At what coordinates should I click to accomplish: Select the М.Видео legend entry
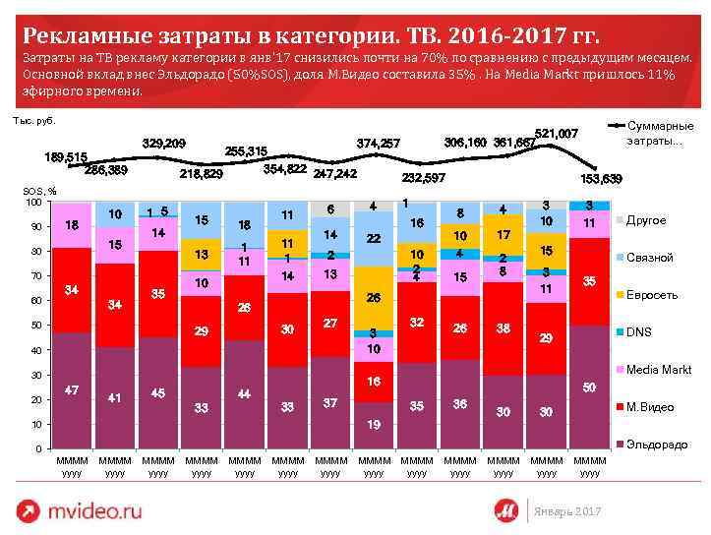click(649, 406)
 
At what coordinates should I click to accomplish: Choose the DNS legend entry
click(640, 331)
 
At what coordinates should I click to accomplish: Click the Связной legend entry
click(649, 257)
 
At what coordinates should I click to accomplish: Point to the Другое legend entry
click(646, 220)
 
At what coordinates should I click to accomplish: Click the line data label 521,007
click(556, 132)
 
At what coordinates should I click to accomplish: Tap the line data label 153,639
click(602, 178)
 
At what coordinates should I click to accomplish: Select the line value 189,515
click(66, 156)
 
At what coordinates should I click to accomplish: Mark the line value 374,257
click(378, 144)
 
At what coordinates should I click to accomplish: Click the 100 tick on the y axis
click(32, 202)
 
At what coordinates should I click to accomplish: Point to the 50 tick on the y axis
click(35, 326)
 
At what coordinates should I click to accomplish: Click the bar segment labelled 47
click(72, 390)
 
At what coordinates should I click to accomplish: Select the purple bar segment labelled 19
click(373, 425)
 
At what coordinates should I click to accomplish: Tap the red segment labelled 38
click(503, 327)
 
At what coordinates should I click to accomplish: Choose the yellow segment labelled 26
click(373, 297)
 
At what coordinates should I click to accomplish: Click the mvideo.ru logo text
click(96, 510)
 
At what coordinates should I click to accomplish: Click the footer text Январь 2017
click(565, 511)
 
